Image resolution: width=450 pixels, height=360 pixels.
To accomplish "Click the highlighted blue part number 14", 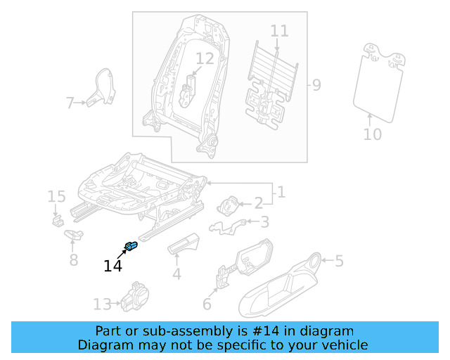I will click(x=131, y=245).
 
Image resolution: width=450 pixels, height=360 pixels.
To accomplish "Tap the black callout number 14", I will click(x=112, y=266).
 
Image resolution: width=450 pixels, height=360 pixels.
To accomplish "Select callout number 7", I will click(x=70, y=103).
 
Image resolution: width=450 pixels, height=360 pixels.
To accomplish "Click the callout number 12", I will click(x=204, y=59).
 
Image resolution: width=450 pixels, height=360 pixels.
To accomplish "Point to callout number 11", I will click(x=279, y=31).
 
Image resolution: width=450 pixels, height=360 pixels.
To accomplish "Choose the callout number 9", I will click(x=316, y=86).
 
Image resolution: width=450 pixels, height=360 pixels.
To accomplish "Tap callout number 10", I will click(x=373, y=134).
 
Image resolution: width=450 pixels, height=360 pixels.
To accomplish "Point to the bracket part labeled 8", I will click(x=73, y=235).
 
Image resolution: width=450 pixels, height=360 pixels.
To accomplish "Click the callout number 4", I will click(x=176, y=274).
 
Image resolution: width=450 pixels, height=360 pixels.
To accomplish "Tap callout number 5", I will click(x=339, y=262).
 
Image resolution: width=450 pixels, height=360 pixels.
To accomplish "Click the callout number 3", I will click(x=264, y=223).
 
